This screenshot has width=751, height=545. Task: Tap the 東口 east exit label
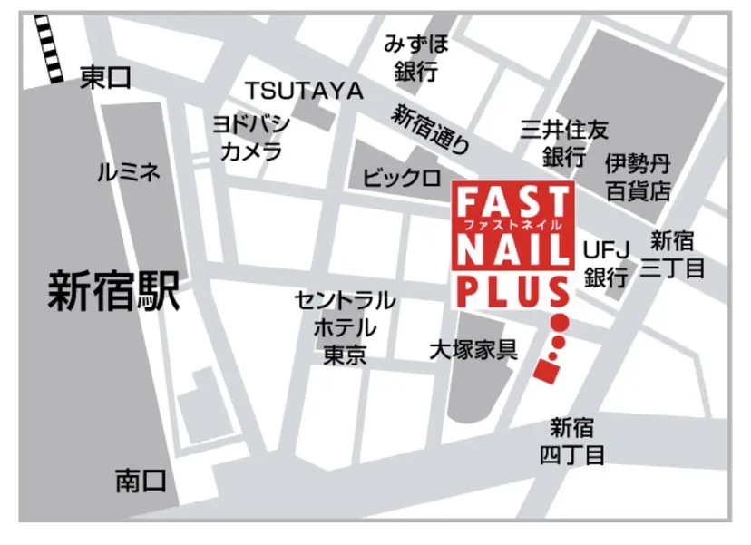pyautogui.click(x=105, y=78)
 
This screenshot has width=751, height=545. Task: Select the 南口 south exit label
pyautogui.click(x=141, y=480)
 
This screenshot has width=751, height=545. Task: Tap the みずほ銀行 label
pyautogui.click(x=416, y=57)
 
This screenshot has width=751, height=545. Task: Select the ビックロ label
pyautogui.click(x=402, y=176)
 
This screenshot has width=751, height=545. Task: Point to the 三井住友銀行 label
pyautogui.click(x=563, y=142)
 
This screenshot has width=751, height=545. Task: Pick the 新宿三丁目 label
pyautogui.click(x=672, y=255)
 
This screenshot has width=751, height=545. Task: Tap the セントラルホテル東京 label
pyautogui.click(x=345, y=326)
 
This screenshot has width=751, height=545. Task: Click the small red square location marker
pyautogui.click(x=546, y=370)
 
